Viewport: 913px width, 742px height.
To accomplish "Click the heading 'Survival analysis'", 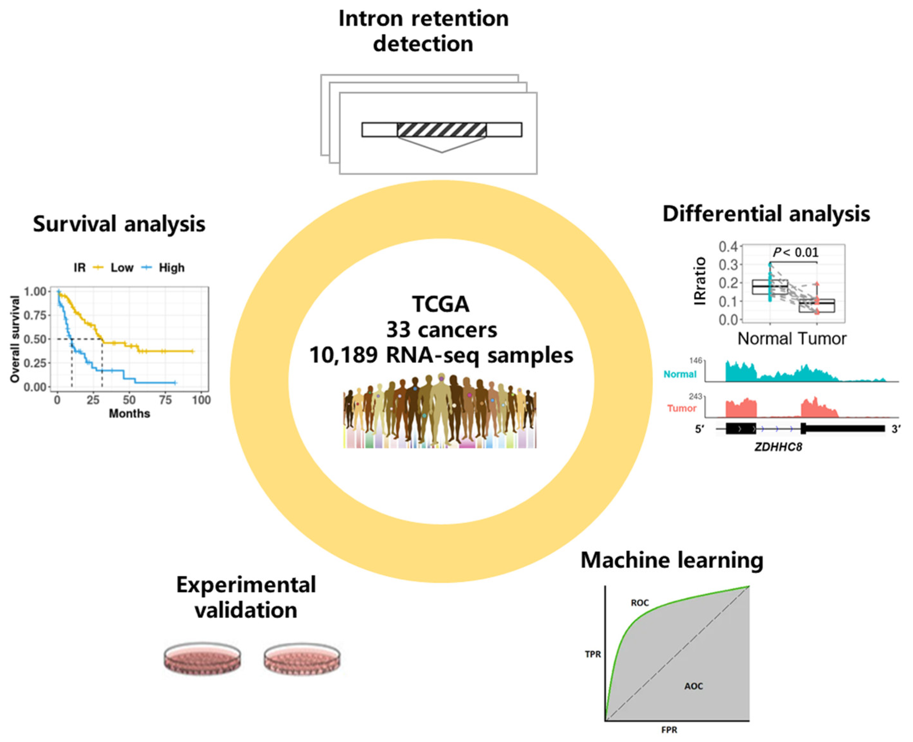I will coord(119,224).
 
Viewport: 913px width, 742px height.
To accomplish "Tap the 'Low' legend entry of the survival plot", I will coord(122,268).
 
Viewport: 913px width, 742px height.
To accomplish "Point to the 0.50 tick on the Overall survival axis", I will coord(35,339).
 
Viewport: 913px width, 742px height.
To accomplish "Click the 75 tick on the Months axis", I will coord(165,400).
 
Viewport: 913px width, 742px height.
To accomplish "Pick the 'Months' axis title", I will coord(130,414).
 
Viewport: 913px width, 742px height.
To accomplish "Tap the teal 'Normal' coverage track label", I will coord(680,375).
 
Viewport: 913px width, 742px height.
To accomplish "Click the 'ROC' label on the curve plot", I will coord(640,603).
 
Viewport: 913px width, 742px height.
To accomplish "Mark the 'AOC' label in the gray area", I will coord(694,686).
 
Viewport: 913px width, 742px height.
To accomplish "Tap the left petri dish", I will coord(202,658).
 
